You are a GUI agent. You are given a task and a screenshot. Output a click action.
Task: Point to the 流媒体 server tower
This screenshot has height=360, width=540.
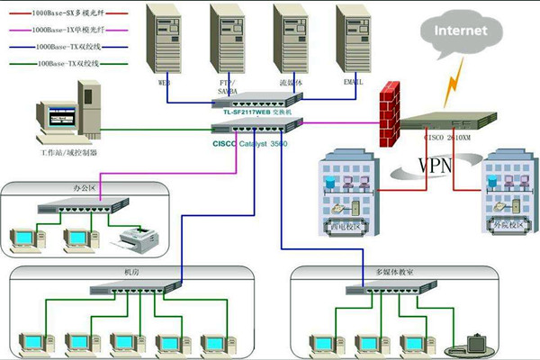[290, 40]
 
